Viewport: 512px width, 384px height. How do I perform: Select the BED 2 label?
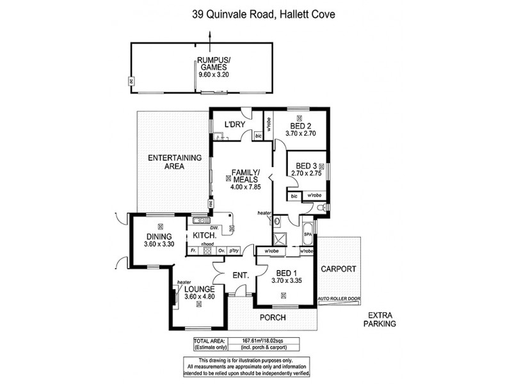click(x=300, y=125)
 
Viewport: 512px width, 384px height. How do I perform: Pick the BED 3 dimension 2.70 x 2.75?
click(x=306, y=173)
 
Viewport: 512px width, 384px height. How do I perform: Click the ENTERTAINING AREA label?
click(x=175, y=162)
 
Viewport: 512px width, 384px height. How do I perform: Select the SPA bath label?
click(x=307, y=234)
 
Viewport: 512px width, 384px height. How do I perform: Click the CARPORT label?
click(x=338, y=269)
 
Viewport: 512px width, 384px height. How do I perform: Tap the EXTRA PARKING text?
click(x=382, y=319)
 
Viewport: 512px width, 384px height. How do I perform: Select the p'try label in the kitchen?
click(x=234, y=250)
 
